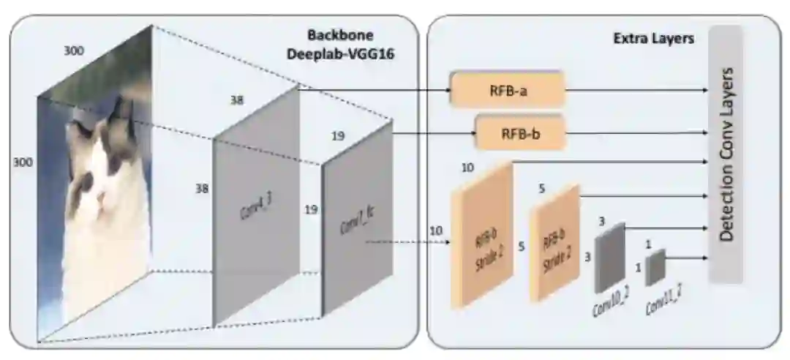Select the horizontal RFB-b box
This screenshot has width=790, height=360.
click(x=522, y=134)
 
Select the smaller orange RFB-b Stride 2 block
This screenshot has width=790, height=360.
click(x=554, y=243)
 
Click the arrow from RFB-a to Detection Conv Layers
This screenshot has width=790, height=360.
click(x=636, y=91)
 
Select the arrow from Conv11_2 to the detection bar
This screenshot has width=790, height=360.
click(x=688, y=258)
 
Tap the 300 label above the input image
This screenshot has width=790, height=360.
click(x=74, y=51)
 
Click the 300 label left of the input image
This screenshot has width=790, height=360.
click(x=23, y=162)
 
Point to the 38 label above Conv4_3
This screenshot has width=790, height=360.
click(x=236, y=101)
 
